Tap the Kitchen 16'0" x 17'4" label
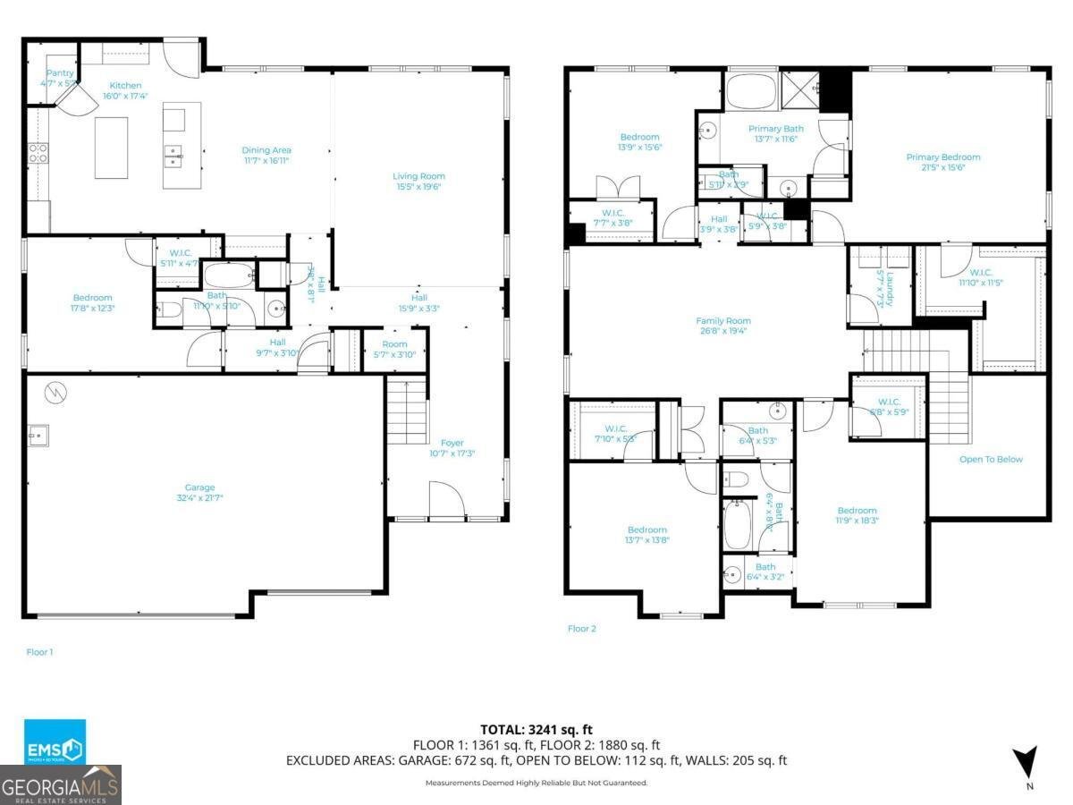[124, 90]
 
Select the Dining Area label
[266, 156]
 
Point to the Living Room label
[418, 182]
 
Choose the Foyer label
[452, 447]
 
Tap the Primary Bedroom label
[942, 162]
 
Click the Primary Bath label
[775, 133]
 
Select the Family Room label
[723, 326]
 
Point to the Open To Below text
[991, 460]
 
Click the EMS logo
[55, 741]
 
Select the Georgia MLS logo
[61, 785]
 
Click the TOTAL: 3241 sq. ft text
[536, 729]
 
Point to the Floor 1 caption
[39, 652]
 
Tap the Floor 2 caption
[581, 629]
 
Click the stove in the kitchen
[38, 153]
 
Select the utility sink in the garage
[38, 436]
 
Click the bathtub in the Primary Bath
[751, 91]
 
